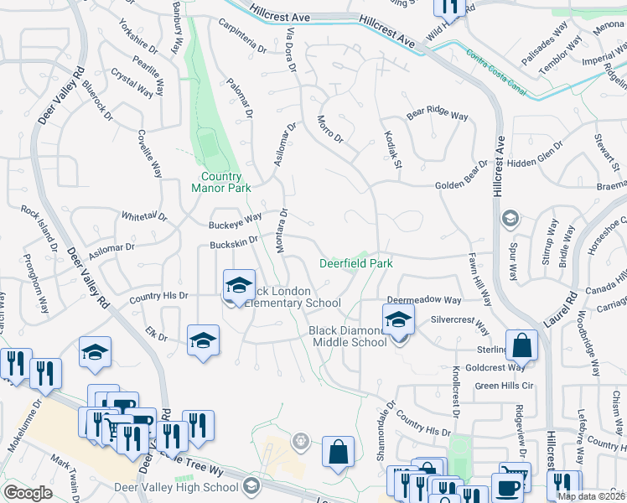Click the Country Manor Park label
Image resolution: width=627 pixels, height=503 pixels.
point(226,183)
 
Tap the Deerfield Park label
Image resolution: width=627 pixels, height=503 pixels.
point(356,263)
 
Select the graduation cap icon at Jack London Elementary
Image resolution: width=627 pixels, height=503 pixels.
point(239,285)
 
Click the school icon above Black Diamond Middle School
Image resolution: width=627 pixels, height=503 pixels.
point(398,319)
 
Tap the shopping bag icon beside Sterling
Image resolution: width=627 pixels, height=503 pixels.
point(521,344)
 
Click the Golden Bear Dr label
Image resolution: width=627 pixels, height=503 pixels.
point(460,185)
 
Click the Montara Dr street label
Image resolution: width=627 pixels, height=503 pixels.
point(281,232)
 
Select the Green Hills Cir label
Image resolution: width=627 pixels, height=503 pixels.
point(504,386)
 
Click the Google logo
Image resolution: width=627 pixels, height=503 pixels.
point(28,493)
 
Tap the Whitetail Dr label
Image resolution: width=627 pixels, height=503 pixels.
point(144,216)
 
